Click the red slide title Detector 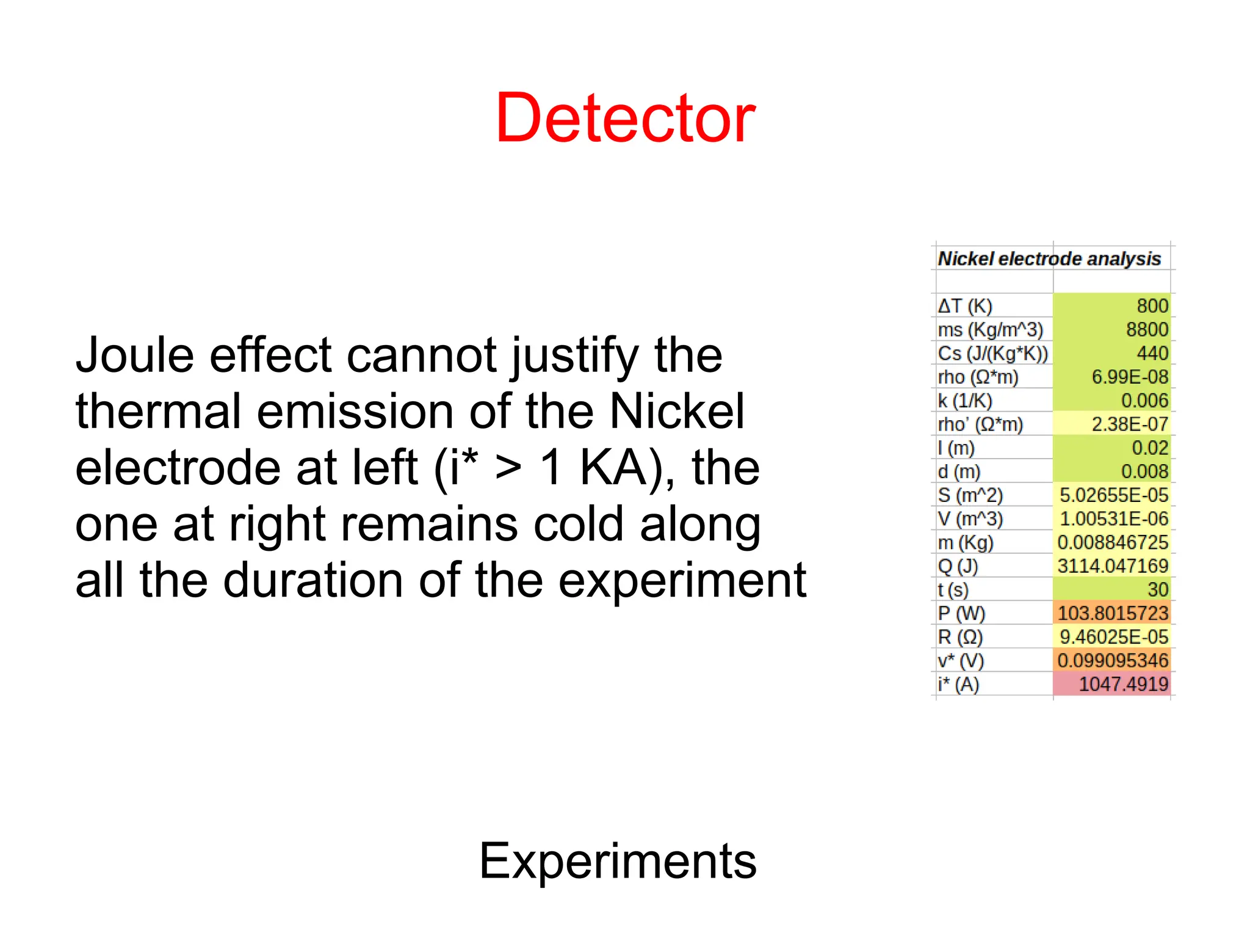625,118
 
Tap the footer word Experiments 618,860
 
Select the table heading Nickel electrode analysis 1049,259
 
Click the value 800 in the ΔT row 1152,306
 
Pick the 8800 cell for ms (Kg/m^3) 1147,330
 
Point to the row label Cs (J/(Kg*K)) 992,354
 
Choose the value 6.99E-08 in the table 1130,377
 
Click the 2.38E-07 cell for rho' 1130,424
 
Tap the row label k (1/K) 965,401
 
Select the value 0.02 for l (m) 1150,448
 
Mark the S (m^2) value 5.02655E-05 1114,495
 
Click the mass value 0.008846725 1113,542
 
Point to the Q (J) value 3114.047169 1113,566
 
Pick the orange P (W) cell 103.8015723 1113,613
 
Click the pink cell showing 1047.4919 1123,684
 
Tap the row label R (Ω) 960,637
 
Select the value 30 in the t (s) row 1157,590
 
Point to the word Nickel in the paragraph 677,411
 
